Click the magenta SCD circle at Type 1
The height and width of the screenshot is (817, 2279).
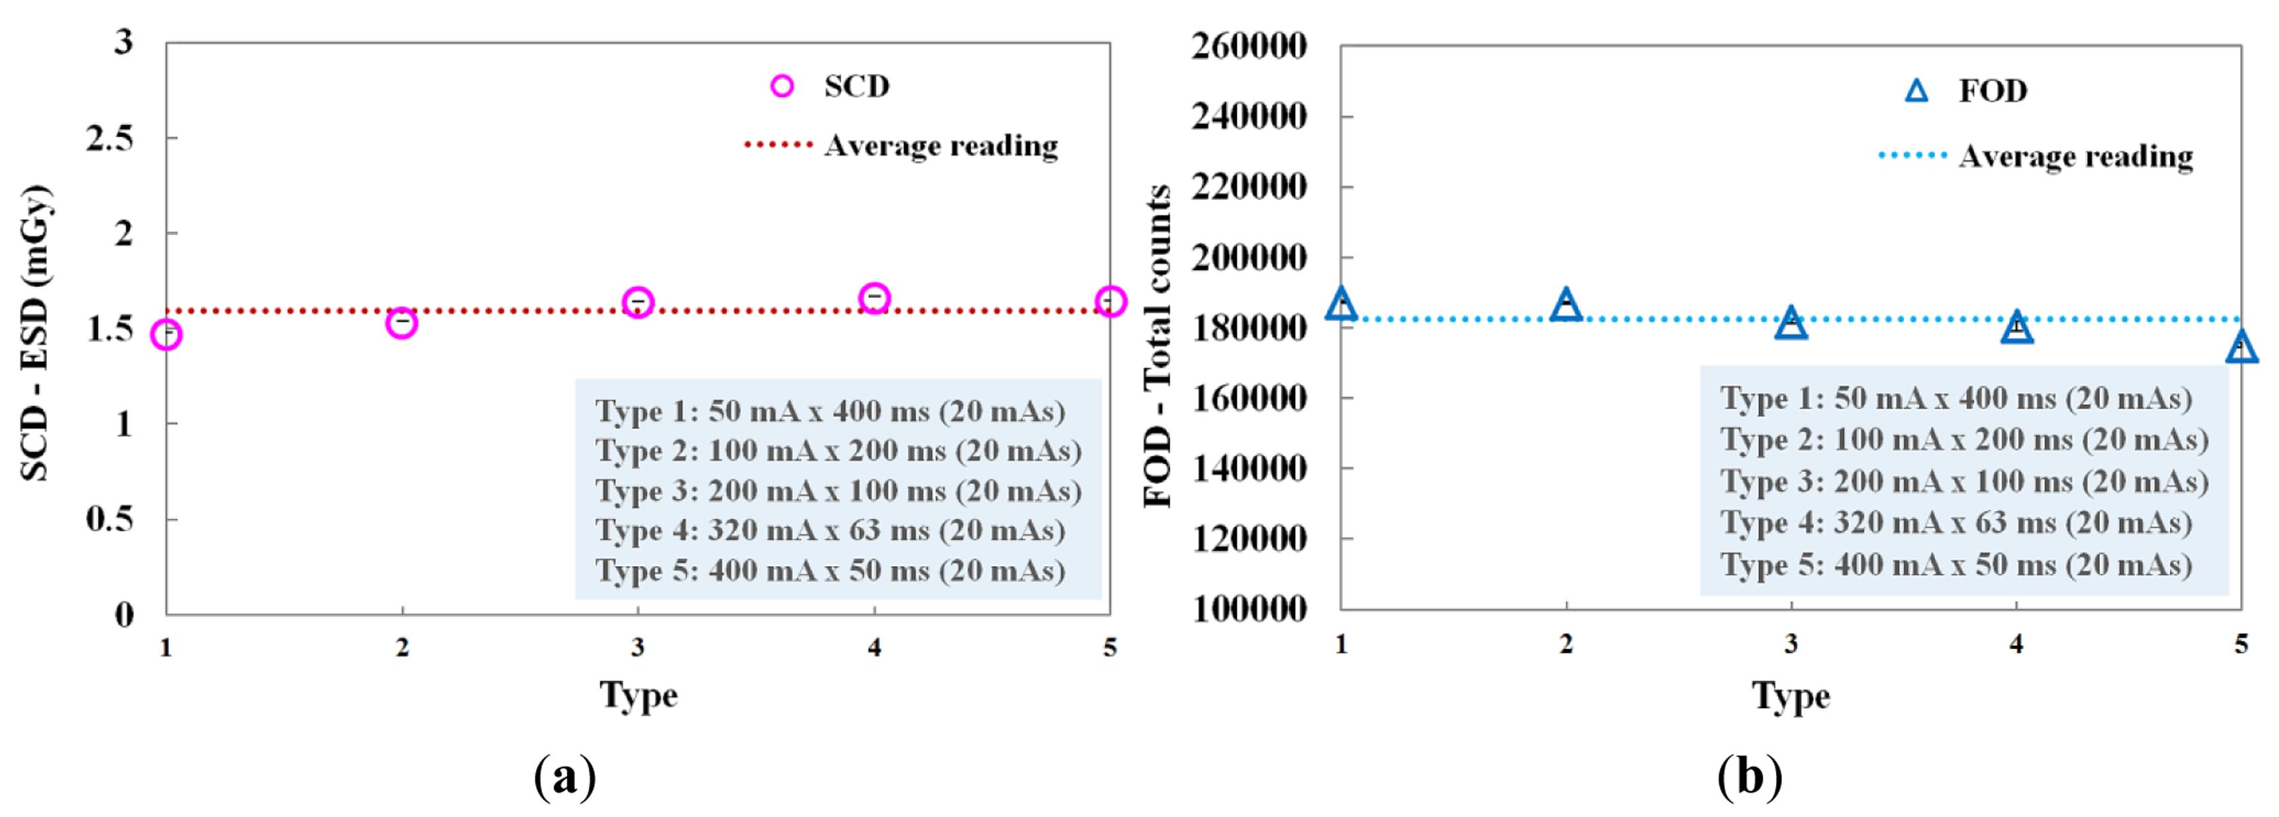[x=166, y=335]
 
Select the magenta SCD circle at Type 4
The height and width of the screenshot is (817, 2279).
[x=874, y=299]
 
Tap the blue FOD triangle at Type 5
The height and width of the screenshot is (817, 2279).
[x=2241, y=348]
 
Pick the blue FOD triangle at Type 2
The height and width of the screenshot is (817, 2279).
[x=1566, y=305]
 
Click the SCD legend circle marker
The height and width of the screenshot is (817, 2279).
[x=782, y=86]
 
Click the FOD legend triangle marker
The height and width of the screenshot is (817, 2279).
[x=1917, y=91]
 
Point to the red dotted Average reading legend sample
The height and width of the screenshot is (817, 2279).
[x=778, y=144]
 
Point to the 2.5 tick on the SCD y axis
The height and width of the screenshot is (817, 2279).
[x=110, y=138]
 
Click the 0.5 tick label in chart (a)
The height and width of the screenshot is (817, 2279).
[x=110, y=518]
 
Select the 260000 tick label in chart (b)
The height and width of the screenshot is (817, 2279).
[x=1248, y=46]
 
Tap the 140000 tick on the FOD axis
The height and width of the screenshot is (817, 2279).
[x=1248, y=468]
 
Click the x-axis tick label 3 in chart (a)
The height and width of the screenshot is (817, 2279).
[x=638, y=648]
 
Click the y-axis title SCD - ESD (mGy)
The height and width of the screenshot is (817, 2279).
[x=36, y=332]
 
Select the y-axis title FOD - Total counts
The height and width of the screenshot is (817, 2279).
[x=1158, y=345]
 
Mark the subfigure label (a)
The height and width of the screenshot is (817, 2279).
[x=564, y=777]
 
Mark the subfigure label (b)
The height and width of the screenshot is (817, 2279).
[x=1749, y=777]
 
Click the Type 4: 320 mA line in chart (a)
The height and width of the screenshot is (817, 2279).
[x=830, y=530]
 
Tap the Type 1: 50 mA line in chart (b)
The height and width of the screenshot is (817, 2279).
[x=1956, y=398]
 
